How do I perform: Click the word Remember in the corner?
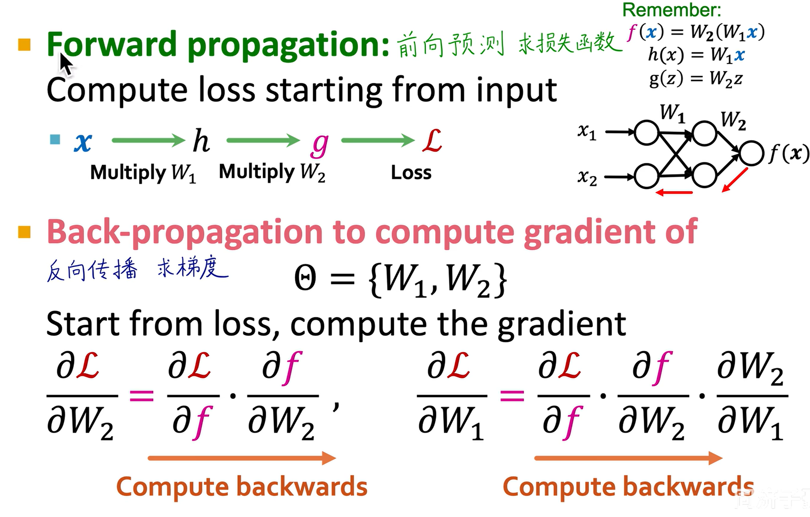pos(672,10)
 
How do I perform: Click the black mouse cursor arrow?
pos(66,64)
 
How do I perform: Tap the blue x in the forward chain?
pos(83,142)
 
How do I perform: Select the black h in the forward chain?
pos(201,141)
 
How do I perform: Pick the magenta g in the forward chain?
pos(320,144)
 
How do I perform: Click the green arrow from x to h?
pos(148,141)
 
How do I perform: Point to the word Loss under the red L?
pos(411,172)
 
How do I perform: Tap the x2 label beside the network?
pos(587,178)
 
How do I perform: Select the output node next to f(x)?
pos(751,153)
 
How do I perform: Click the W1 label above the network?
pos(672,113)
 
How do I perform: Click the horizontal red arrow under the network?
pos(674,193)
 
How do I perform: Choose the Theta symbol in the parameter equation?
pos(306,278)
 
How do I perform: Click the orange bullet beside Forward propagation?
pos(25,45)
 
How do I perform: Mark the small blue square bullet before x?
pos(55,140)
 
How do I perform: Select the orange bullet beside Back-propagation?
pos(25,232)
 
